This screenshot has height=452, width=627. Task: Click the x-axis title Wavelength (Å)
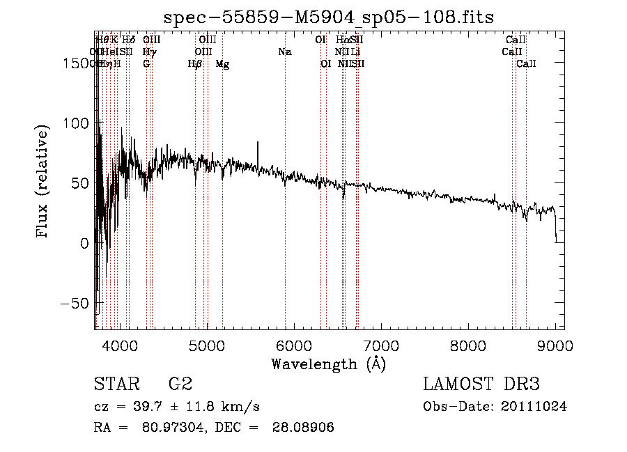click(329, 364)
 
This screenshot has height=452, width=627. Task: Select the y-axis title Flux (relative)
click(42, 182)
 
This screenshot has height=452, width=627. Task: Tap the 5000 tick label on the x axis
click(207, 345)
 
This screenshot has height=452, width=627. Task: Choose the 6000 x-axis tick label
click(294, 345)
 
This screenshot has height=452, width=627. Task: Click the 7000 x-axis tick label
click(381, 345)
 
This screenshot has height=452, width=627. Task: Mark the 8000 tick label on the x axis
click(468, 345)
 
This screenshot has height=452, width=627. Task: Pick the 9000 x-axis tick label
click(555, 345)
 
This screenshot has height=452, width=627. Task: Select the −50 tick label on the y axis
click(75, 304)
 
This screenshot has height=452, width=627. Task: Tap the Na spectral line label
click(284, 52)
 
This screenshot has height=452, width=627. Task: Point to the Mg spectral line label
click(222, 64)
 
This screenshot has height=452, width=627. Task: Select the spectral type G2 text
click(180, 384)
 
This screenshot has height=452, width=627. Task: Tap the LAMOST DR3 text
click(481, 384)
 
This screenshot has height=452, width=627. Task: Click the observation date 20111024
click(534, 407)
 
